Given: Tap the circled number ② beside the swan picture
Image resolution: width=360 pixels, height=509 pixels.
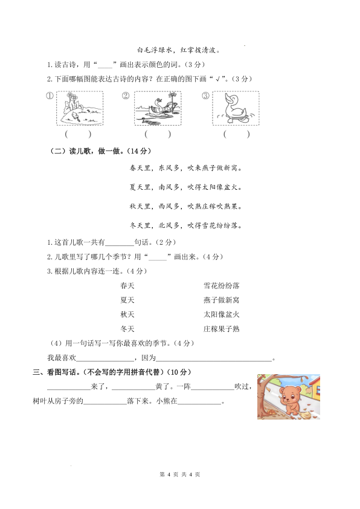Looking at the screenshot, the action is pos(126,96).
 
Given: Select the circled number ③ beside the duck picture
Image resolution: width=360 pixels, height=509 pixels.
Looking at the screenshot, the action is pos(205,96).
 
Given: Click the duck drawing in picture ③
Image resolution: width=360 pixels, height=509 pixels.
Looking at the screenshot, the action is pos(235,108).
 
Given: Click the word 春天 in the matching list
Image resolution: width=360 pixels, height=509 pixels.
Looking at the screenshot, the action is pos(127,285).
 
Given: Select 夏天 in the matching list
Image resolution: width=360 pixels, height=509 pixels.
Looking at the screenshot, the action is pos(127,300).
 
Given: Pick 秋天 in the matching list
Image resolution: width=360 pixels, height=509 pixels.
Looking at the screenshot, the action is pos(127,314).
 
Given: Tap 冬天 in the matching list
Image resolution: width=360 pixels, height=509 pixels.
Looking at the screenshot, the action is pos(127,329).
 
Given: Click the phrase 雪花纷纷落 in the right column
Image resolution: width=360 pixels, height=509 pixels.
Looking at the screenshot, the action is pos(222,285).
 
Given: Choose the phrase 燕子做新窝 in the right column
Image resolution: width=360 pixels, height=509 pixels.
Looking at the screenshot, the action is pos(222,300).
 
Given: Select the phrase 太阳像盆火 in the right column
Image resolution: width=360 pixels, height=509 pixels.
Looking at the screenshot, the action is pos(222,314).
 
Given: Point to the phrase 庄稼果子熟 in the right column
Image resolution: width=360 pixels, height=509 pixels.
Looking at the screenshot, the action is pos(222,329).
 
